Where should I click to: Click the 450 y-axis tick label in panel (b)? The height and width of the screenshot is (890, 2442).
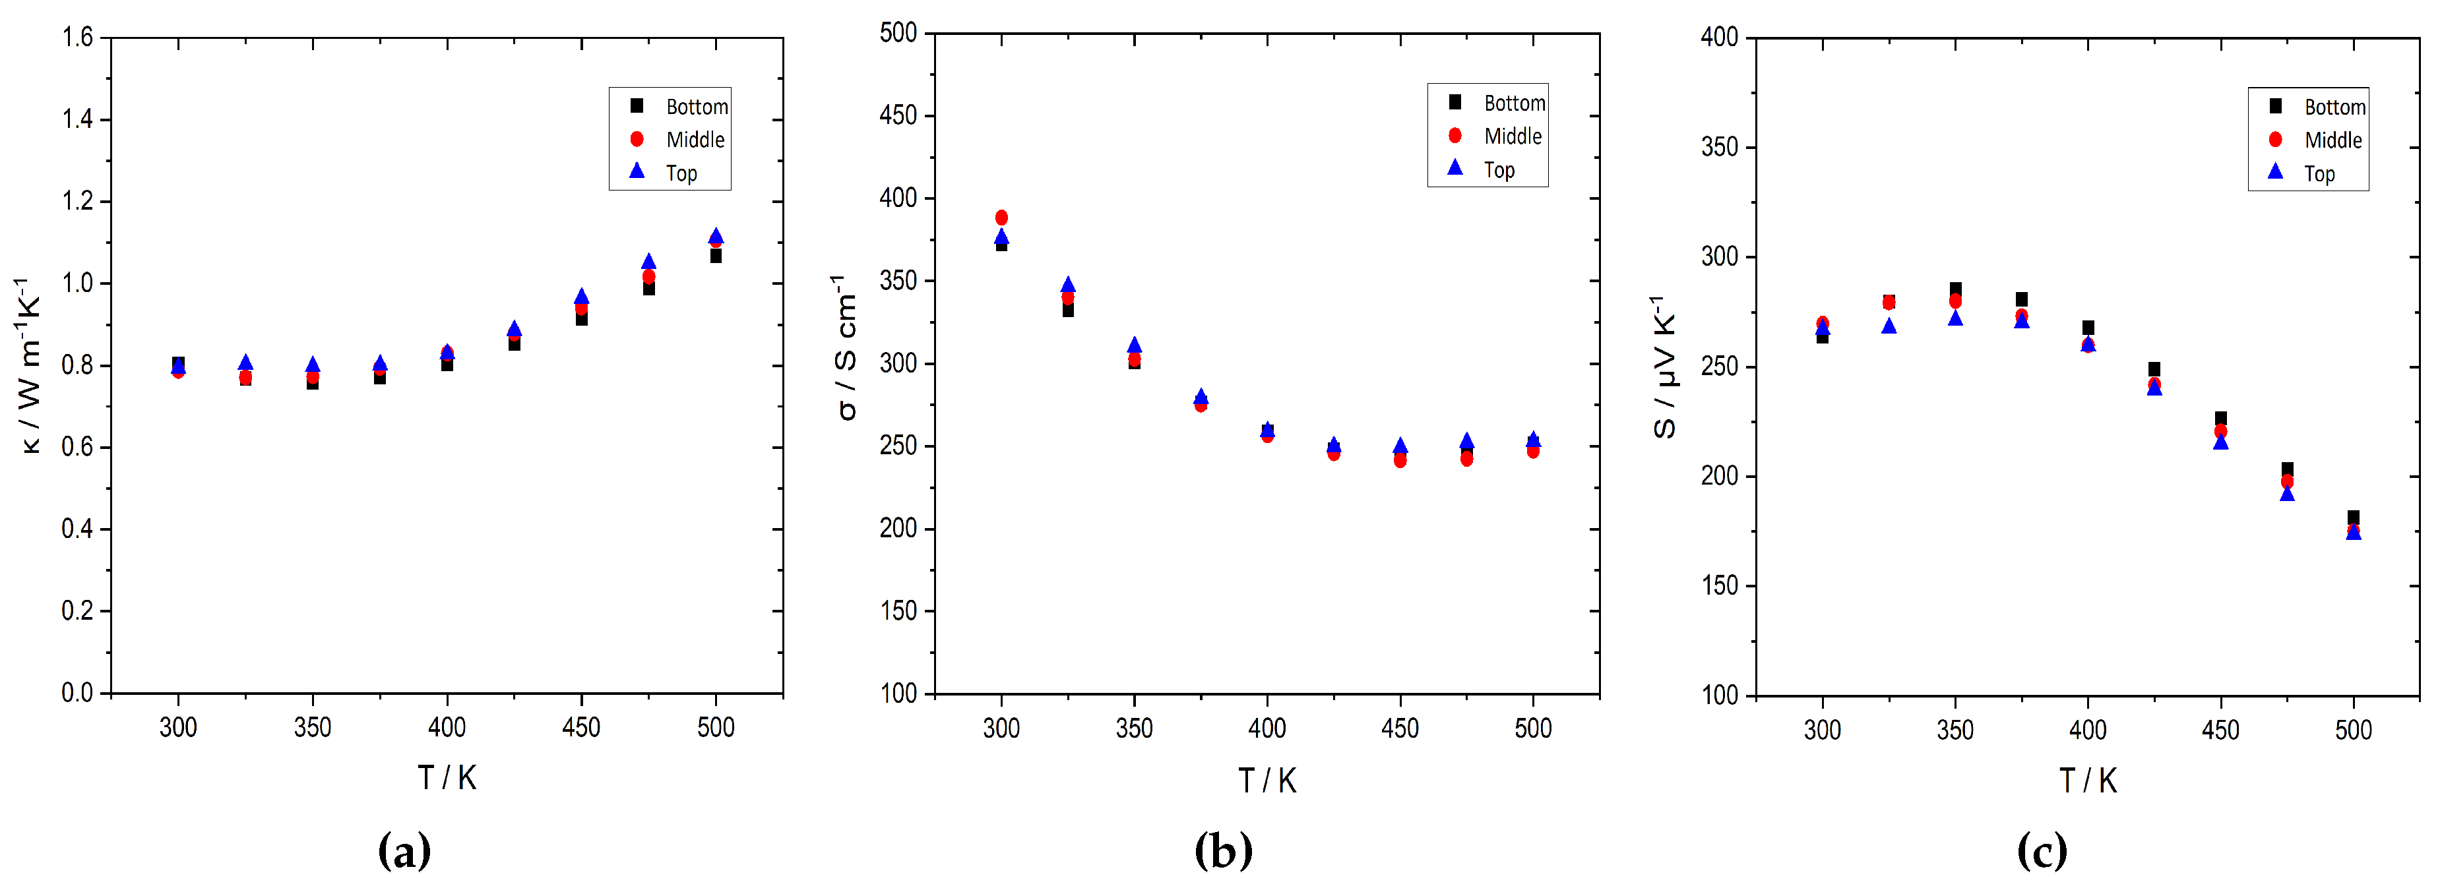(x=898, y=115)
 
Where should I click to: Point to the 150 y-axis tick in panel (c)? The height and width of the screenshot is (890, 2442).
(x=1720, y=585)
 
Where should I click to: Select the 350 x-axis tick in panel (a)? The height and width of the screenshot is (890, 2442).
(x=312, y=727)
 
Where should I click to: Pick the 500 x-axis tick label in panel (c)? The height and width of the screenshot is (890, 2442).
(x=2353, y=730)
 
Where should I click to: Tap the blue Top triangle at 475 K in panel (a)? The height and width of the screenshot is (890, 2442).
(x=648, y=262)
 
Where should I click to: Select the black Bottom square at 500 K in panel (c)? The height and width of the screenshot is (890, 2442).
(x=2353, y=518)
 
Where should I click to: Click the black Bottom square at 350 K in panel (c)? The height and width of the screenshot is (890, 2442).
(x=1955, y=289)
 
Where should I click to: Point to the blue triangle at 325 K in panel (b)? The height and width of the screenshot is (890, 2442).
(x=1067, y=284)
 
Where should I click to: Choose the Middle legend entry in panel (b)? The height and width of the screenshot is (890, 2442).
(x=1498, y=136)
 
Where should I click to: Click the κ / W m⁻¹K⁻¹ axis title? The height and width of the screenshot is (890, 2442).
(x=28, y=366)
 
